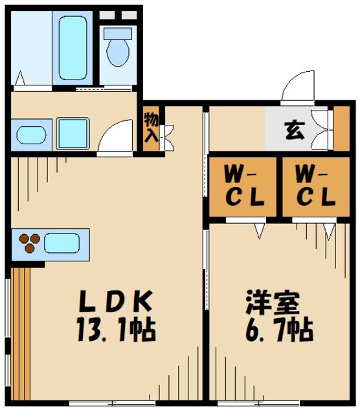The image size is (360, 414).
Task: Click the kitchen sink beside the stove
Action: (x=62, y=243)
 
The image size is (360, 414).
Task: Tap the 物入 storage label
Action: (x=151, y=127)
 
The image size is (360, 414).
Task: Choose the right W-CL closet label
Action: (x=314, y=186)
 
